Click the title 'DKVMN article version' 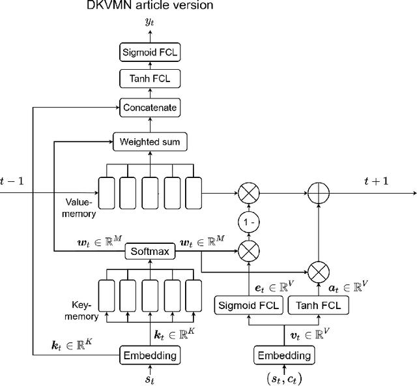[x=150, y=7]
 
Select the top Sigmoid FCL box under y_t [x=150, y=52]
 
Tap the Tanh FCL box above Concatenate [x=150, y=79]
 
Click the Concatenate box [x=150, y=106]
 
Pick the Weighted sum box [x=150, y=141]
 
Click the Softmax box [x=150, y=250]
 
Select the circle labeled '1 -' [x=248, y=222]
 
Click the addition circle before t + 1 [x=319, y=193]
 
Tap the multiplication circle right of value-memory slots [x=248, y=193]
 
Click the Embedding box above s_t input [x=150, y=355]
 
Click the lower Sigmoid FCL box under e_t [x=248, y=304]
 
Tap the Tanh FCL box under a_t [x=319, y=304]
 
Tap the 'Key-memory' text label [x=82, y=310]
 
